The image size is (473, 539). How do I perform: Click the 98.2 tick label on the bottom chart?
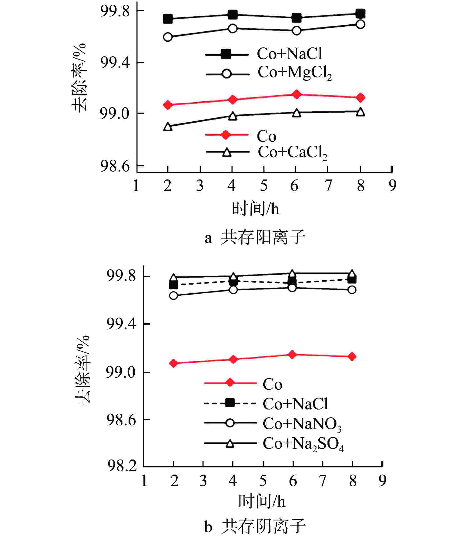click(x=122, y=466)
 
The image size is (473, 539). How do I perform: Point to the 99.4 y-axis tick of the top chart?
click(x=115, y=63)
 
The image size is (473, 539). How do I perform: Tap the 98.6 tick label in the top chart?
click(x=115, y=167)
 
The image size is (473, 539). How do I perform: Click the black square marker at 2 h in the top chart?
click(x=168, y=19)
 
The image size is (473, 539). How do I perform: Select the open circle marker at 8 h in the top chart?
click(x=361, y=24)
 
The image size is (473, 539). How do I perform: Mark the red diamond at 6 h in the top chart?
click(x=296, y=94)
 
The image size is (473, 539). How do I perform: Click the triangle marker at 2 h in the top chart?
click(x=168, y=127)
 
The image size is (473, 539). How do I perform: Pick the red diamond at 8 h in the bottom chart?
click(x=352, y=356)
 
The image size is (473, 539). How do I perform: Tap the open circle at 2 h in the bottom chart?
click(x=173, y=296)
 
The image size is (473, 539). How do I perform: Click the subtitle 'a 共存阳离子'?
click(x=255, y=237)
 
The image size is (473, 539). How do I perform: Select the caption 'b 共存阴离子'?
click(x=255, y=527)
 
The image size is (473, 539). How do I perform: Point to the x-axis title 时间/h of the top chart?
click(x=256, y=209)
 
